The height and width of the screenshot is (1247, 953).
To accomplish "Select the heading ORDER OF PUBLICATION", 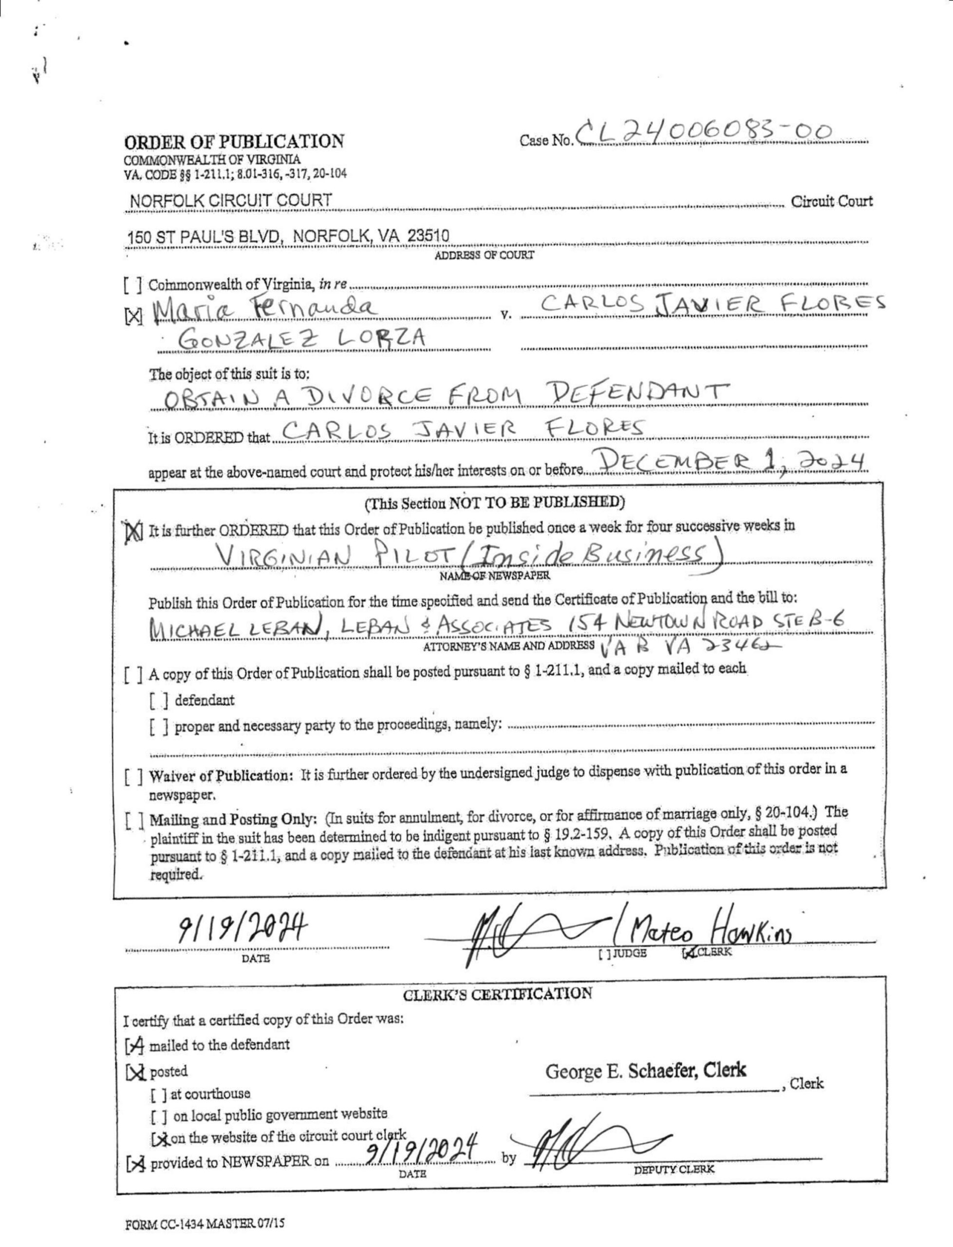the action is pos(234,141).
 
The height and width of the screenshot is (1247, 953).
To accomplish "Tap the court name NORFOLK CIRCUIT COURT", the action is pos(231,200).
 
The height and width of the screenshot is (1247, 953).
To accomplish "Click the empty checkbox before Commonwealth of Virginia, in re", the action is pos(133,285).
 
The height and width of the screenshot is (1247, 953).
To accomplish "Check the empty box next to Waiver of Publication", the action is pos(134,776).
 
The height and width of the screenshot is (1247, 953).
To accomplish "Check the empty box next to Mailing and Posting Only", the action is pos(134,821).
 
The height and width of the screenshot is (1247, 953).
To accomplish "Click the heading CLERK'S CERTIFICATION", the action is pos(498,994).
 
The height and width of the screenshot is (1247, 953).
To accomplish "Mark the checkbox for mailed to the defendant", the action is pos(135,1045).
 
